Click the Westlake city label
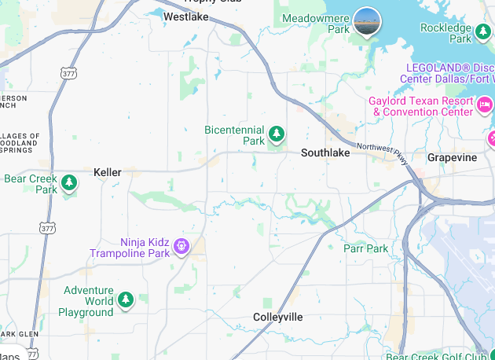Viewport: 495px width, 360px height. pos(185,16)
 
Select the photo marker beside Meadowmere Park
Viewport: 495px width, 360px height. pos(367,21)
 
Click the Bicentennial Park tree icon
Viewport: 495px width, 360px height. pos(277,134)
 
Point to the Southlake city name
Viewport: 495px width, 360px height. pos(325,153)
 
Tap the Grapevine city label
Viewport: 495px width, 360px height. pos(452,158)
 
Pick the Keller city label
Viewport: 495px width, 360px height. pos(108,172)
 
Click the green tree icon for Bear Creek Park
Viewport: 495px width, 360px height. pos(70,183)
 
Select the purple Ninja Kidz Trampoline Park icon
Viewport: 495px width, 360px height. pos(181,247)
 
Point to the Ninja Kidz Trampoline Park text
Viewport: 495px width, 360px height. pos(130,248)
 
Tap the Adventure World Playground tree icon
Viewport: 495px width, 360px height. pos(125,299)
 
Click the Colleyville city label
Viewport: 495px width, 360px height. pos(277,317)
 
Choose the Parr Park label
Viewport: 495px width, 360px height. pos(365,249)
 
